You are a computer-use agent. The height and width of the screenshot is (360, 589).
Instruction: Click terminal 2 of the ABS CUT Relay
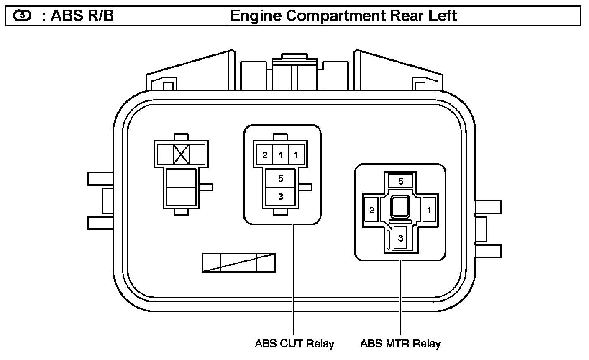pos(264,155)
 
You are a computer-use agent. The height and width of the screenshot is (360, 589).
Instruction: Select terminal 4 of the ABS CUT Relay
pos(280,155)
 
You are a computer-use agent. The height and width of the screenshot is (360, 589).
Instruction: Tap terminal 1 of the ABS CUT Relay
pos(296,155)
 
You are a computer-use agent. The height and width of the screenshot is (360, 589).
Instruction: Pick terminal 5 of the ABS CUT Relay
pos(281,179)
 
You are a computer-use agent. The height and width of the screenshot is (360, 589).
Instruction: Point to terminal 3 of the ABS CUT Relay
pos(281,197)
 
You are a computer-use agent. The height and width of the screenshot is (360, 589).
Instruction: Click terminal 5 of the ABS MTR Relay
pos(400,181)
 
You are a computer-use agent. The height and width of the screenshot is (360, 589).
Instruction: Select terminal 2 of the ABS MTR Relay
pos(371,209)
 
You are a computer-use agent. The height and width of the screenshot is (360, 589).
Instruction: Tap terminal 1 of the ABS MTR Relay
pos(429,209)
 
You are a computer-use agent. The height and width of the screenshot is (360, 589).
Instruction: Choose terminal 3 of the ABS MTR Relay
pos(401,239)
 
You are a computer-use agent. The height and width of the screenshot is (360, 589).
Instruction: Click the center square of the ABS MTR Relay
pos(401,207)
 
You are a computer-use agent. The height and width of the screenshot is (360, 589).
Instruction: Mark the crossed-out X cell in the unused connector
pos(181,154)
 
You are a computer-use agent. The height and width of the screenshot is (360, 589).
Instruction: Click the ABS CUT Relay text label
pos(294,344)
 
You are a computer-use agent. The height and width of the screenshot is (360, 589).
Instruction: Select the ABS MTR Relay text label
pos(400,344)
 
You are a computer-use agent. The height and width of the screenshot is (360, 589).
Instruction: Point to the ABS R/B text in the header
pos(82,16)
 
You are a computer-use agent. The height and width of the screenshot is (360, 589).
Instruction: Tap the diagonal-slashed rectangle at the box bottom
pos(238,262)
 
